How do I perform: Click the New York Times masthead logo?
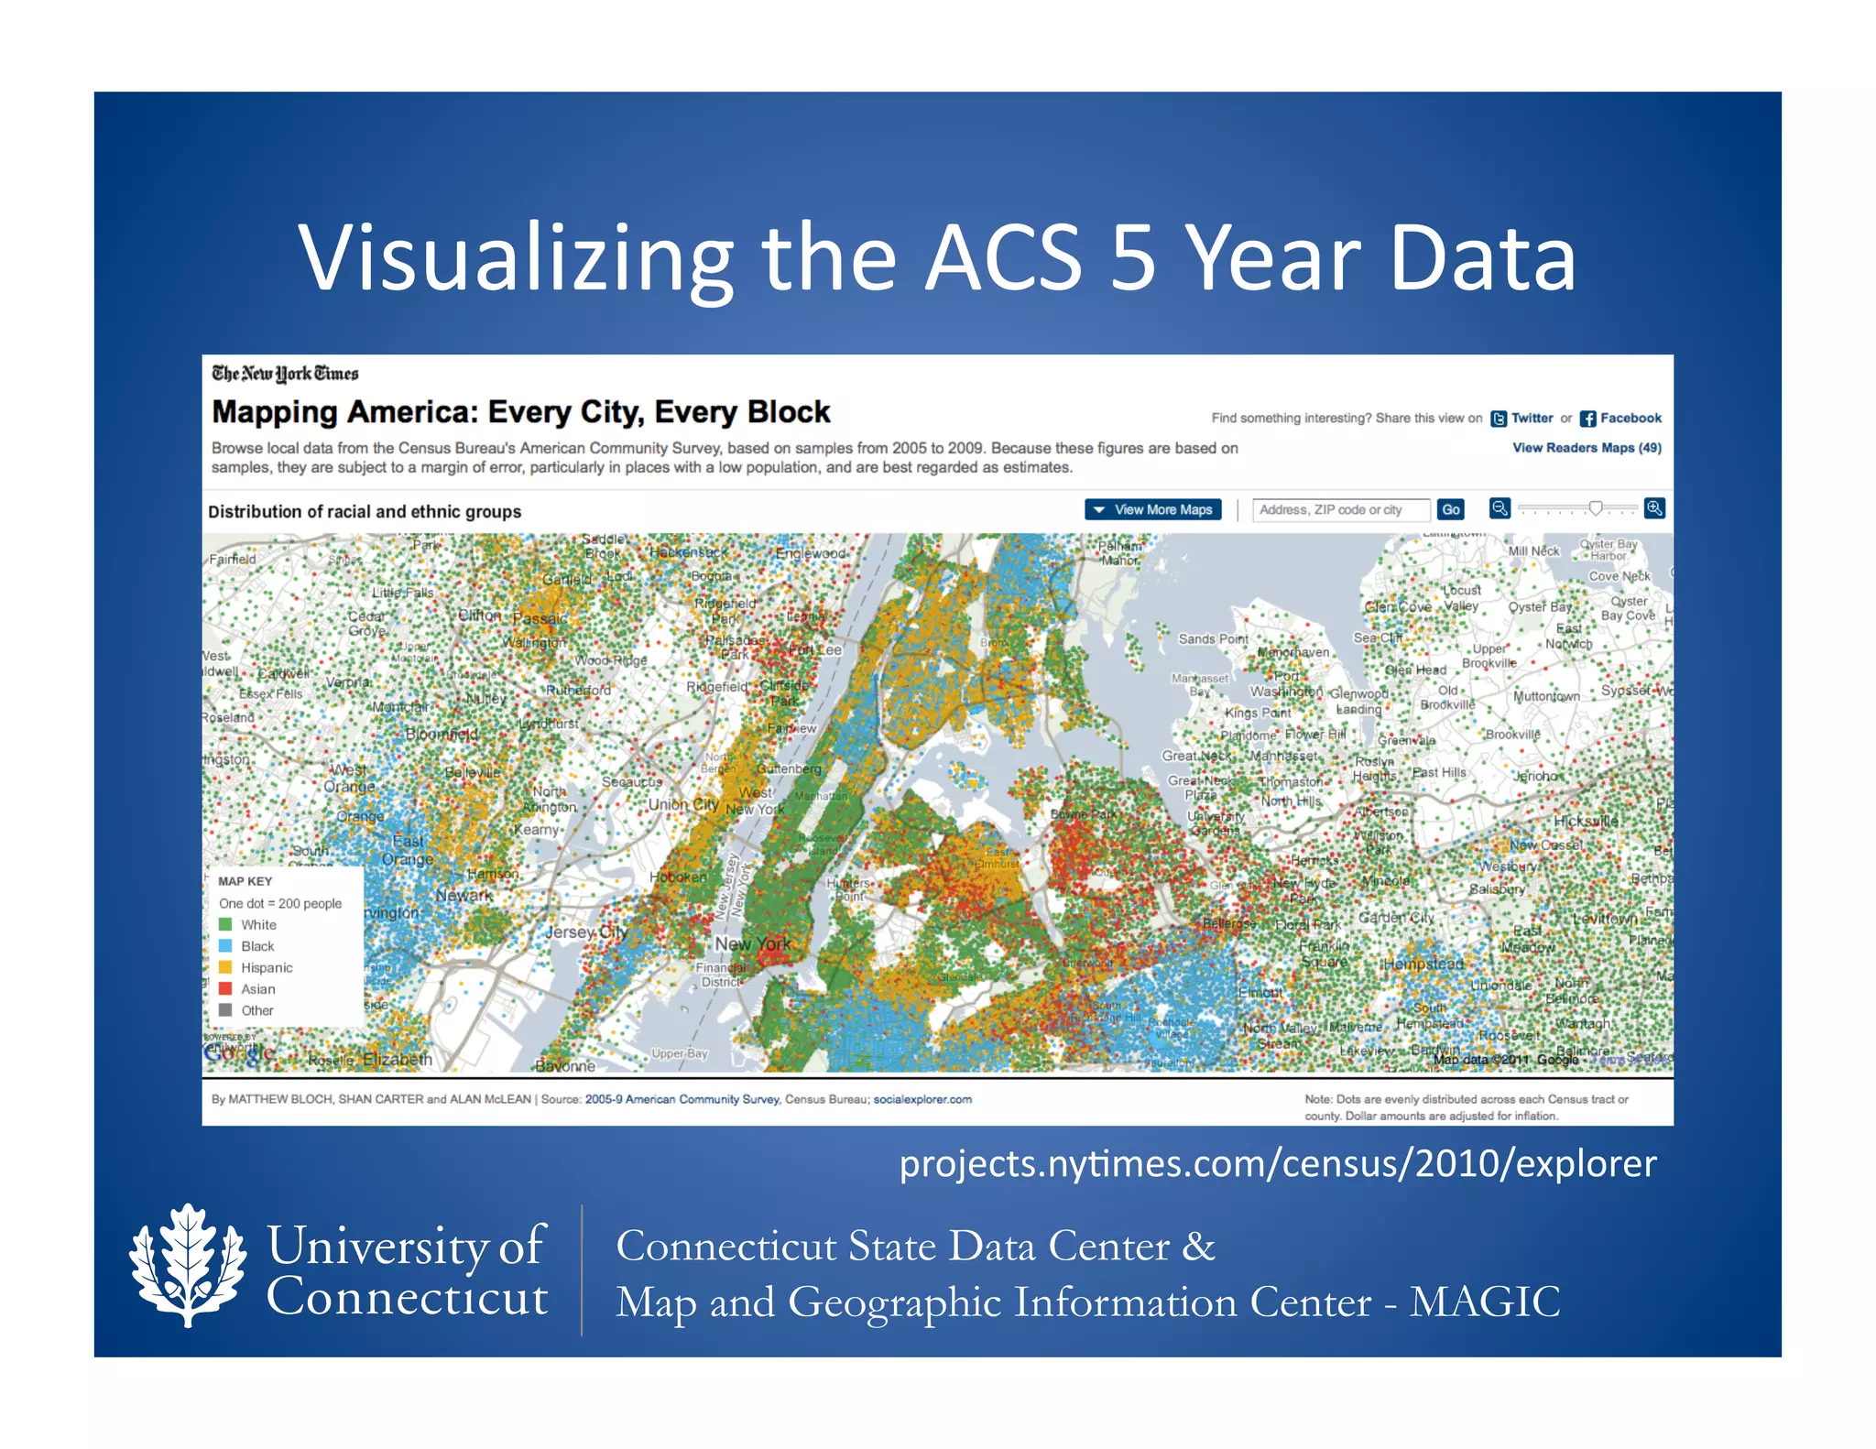tap(285, 373)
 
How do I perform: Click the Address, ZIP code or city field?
tap(1340, 509)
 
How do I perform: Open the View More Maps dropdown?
tap(1152, 509)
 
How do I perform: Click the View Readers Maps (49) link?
tap(1587, 448)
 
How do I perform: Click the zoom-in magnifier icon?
tap(1654, 508)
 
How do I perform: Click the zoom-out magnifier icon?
tap(1500, 508)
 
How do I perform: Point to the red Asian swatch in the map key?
tap(225, 988)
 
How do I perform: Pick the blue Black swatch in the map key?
tap(225, 945)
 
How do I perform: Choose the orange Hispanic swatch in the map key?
tap(225, 967)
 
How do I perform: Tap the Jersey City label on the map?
tap(586, 932)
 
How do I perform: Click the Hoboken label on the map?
tap(678, 877)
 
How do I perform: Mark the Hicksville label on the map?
tap(1585, 821)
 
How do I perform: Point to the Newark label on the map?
tap(464, 895)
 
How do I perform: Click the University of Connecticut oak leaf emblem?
tap(188, 1266)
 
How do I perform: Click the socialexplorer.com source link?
tap(922, 1099)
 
